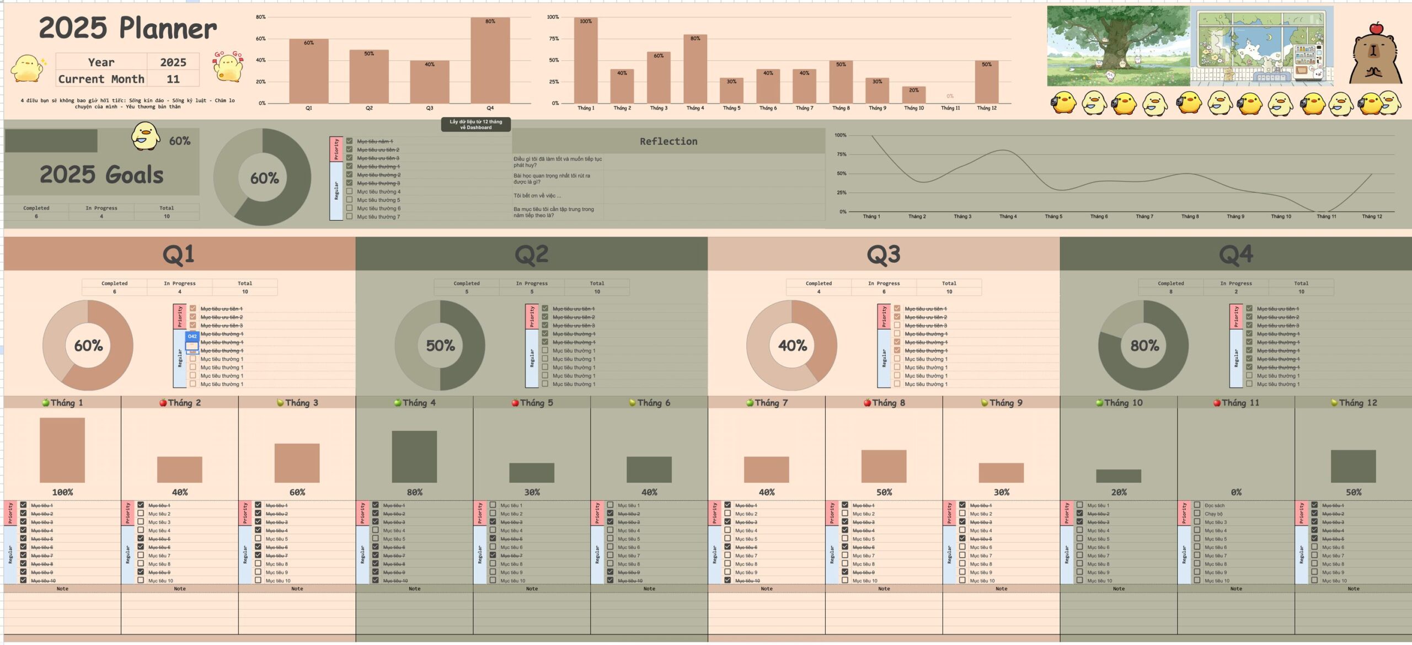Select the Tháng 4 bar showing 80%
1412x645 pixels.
(x=695, y=68)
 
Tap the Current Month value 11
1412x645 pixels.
(x=173, y=79)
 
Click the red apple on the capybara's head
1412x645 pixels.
(x=1376, y=28)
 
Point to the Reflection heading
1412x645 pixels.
(x=668, y=141)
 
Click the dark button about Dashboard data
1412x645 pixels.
(x=475, y=124)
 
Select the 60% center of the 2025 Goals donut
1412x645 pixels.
(x=264, y=178)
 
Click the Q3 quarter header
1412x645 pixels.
(x=883, y=254)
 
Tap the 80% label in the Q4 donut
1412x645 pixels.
(x=1144, y=345)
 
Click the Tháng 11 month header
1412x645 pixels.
(x=1236, y=403)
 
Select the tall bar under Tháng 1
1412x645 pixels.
(x=62, y=450)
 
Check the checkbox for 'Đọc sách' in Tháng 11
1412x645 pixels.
(x=1197, y=505)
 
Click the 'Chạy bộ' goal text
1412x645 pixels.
(x=1213, y=514)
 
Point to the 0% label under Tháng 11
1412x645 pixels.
(x=1236, y=492)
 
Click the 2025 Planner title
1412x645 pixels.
(x=128, y=28)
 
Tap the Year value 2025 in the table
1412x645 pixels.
(x=173, y=62)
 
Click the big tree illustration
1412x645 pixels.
(x=1118, y=46)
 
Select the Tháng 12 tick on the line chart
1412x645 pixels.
(x=1372, y=216)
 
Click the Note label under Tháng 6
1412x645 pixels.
(x=649, y=589)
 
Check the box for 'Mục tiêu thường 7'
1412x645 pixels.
(x=349, y=217)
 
